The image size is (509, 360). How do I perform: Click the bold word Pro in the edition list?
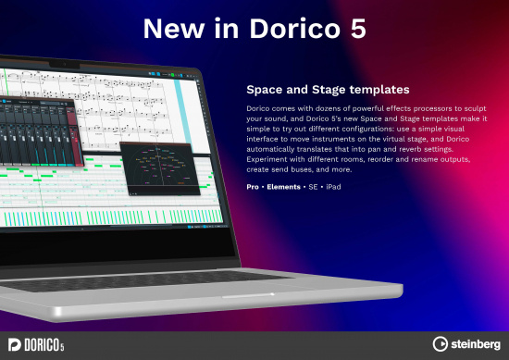pos(253,187)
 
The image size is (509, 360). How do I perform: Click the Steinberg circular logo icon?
pos(442,344)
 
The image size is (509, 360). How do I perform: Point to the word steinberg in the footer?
pos(476,344)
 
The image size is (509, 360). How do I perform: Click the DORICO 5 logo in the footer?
pos(37,344)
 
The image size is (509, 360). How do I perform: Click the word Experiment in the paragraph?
pos(269,157)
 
